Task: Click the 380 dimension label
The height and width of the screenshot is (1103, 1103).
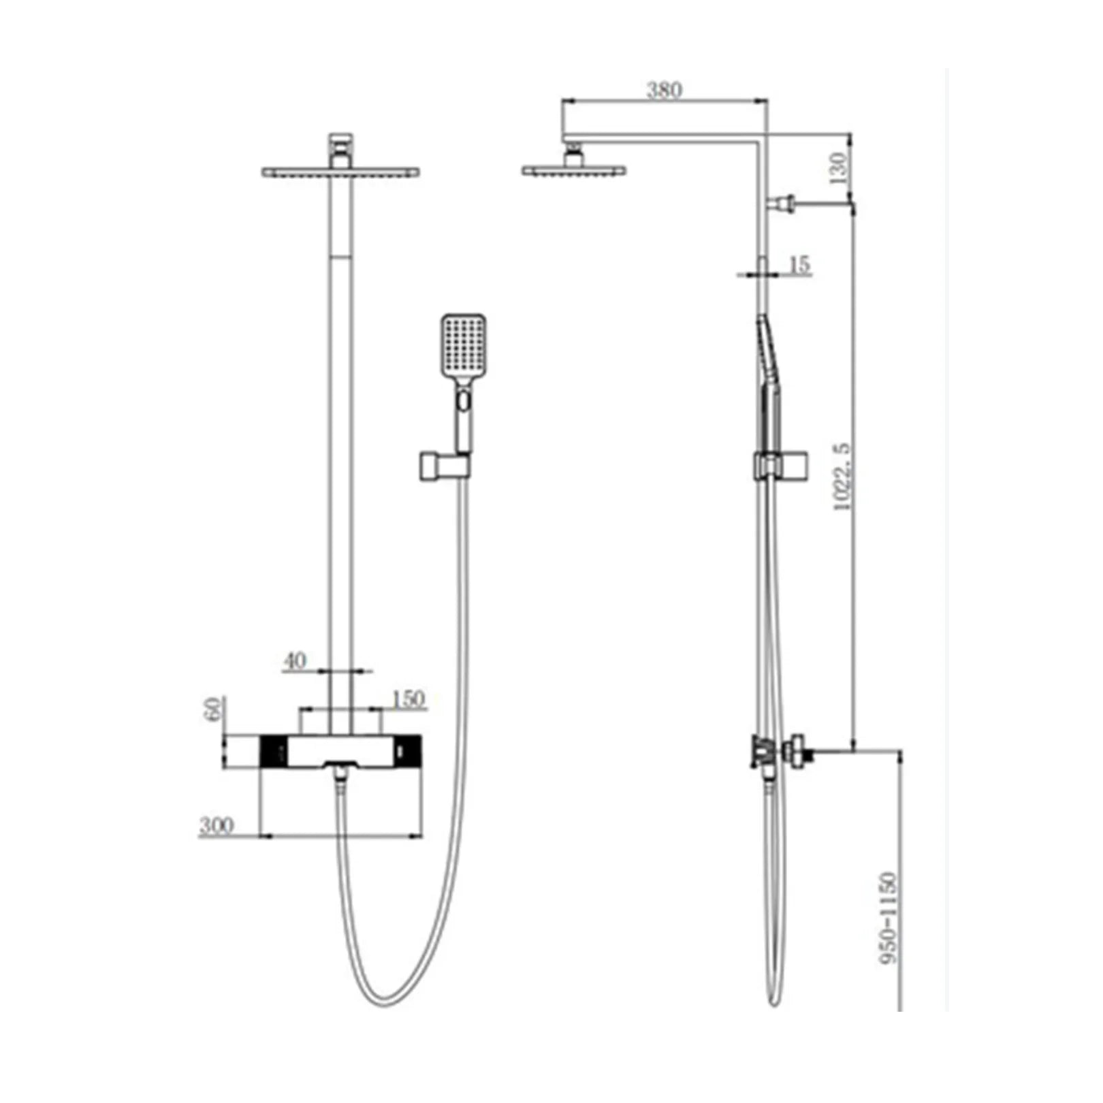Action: click(664, 90)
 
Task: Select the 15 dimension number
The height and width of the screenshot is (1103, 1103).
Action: click(799, 264)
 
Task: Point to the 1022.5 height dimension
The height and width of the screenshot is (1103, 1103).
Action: click(842, 476)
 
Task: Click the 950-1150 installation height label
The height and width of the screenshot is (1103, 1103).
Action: click(889, 917)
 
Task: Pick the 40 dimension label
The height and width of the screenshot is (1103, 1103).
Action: click(295, 660)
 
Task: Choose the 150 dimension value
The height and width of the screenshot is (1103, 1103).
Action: click(408, 699)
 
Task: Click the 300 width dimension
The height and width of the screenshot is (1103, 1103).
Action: click(217, 826)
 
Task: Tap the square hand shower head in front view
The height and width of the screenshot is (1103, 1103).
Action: click(463, 347)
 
